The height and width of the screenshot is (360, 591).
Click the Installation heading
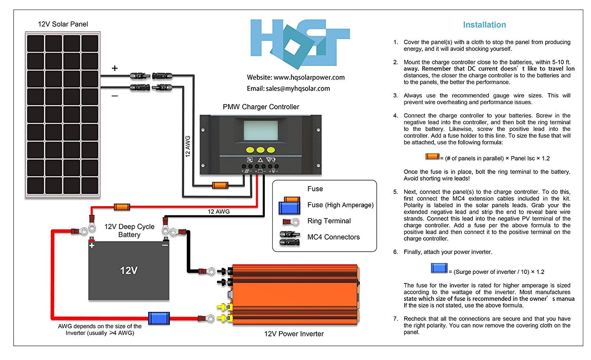tap(484, 25)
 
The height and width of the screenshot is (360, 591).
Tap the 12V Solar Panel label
tap(63, 24)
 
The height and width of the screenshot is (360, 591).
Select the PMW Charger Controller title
tap(261, 107)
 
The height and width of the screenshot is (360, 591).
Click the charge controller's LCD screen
tap(260, 130)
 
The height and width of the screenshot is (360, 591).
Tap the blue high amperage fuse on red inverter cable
tap(159, 318)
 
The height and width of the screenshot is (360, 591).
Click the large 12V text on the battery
tap(129, 270)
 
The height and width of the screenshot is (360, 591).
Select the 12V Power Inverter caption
tap(294, 334)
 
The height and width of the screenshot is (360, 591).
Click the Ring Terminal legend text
tap(329, 221)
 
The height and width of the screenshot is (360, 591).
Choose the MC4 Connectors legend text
tap(333, 237)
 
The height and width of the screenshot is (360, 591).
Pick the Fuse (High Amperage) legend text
tap(340, 205)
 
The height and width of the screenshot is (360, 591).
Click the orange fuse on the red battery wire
tap(122, 207)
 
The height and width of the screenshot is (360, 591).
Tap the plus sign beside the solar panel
tap(115, 68)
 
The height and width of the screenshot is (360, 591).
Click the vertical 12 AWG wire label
tap(188, 146)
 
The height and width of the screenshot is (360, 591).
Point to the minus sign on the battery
tap(165, 245)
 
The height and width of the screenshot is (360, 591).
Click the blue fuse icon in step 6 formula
tap(439, 268)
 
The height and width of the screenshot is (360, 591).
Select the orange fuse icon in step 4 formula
tap(432, 157)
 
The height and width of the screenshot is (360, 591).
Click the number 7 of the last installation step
tap(395, 319)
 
